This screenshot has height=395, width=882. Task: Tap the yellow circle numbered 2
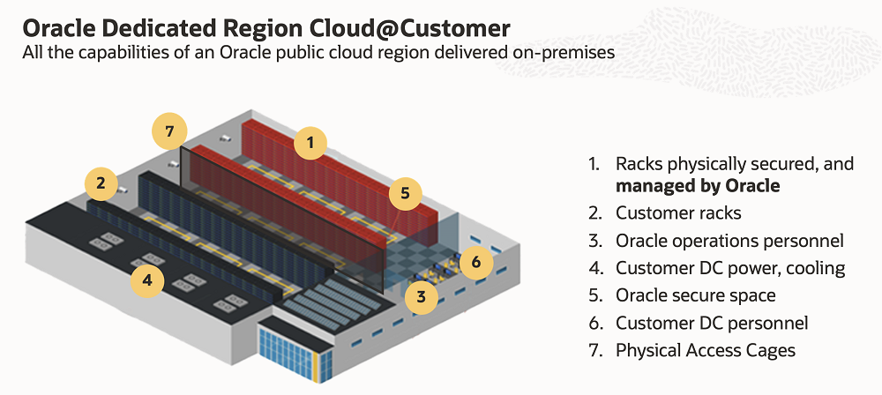point(101,183)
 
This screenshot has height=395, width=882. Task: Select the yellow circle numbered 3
point(422,296)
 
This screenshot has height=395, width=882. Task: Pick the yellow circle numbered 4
point(147,279)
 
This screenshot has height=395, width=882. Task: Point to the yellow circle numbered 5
point(406,194)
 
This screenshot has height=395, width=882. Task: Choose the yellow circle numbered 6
point(476,262)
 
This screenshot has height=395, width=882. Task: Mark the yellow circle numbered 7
point(169,131)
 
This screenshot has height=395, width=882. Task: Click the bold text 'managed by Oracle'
point(698,186)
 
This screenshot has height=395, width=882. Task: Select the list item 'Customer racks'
point(678,213)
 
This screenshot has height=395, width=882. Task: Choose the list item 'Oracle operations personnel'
point(729,241)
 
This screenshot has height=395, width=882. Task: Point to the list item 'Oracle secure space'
point(696,294)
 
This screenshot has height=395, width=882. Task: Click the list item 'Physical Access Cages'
point(706,350)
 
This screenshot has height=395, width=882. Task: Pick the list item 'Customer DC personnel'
point(712,323)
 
